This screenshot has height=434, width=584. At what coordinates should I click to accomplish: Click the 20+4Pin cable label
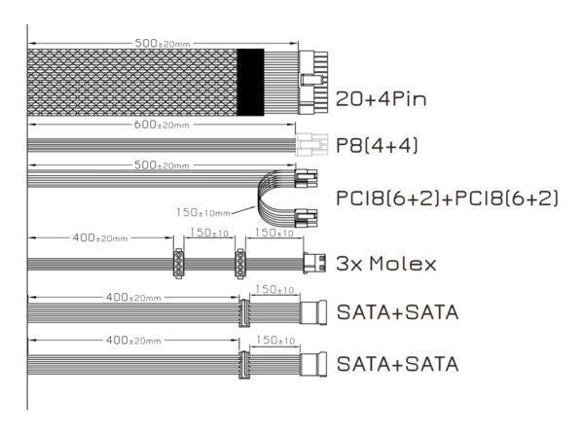(x=381, y=99)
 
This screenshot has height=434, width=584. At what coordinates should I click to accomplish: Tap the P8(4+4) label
(x=377, y=145)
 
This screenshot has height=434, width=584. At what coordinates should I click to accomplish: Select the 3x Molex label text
(x=386, y=264)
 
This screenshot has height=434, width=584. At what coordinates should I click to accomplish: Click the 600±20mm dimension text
(x=162, y=125)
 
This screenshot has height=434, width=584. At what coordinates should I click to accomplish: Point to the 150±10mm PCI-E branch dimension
(x=203, y=212)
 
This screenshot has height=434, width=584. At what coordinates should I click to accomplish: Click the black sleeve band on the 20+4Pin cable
(x=251, y=82)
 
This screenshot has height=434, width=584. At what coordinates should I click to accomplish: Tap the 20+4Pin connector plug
(x=313, y=83)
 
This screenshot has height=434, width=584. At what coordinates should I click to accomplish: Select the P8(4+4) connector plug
(x=311, y=144)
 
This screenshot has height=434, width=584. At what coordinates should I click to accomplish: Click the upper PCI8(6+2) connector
(x=306, y=178)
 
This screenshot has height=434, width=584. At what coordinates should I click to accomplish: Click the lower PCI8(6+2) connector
(x=306, y=219)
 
